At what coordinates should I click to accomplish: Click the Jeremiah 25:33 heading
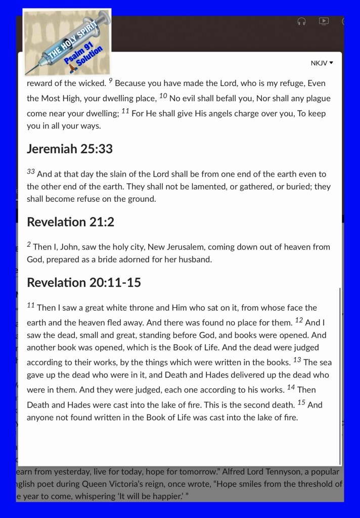[70, 149]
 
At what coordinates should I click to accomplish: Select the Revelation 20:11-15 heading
[84, 282]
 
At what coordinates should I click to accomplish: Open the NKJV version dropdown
[322, 63]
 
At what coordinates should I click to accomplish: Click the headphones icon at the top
[302, 21]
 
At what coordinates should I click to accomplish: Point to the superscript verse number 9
[110, 80]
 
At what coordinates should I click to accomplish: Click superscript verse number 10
[163, 95]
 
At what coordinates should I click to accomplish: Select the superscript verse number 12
[298, 320]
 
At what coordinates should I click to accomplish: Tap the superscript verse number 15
[301, 402]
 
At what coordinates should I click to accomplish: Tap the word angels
[215, 113]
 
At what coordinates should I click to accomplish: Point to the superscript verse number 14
[291, 388]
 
